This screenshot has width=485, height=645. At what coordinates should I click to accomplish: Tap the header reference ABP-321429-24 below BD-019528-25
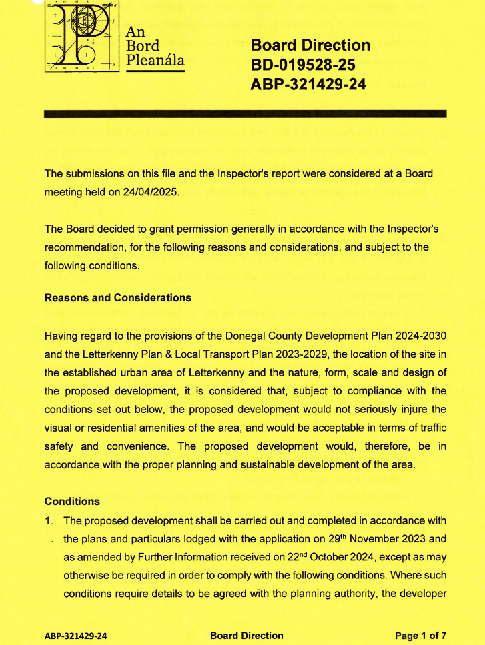[308, 85]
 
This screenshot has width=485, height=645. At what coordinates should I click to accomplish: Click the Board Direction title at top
[310, 45]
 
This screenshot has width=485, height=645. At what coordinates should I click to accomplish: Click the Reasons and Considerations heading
[117, 298]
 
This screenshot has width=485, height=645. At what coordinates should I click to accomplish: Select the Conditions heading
[72, 501]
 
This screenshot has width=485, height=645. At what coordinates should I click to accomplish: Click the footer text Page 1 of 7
[421, 636]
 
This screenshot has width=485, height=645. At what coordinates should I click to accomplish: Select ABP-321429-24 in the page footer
[75, 636]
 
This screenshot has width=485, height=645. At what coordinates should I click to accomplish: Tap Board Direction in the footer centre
[246, 636]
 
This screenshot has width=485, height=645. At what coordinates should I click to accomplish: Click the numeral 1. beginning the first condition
[49, 520]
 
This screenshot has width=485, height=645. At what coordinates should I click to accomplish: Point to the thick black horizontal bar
[244, 114]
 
